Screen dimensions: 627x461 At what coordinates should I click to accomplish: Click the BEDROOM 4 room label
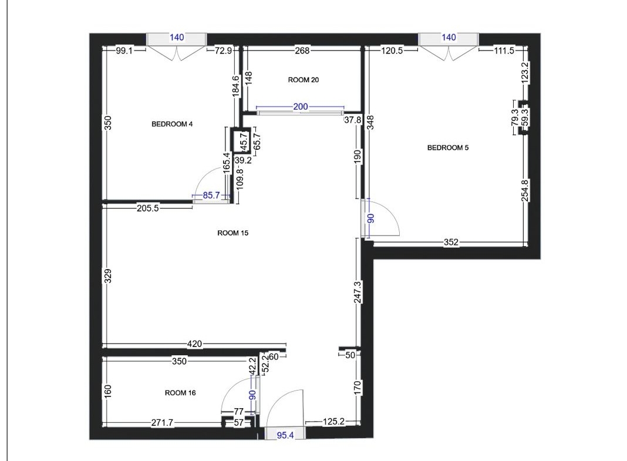172,124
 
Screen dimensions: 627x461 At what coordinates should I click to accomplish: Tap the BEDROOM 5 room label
448,147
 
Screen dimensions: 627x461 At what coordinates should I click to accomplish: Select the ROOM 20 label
304,80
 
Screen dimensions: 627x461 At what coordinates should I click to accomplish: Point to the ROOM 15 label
232,233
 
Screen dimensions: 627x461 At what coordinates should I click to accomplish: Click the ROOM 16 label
180,393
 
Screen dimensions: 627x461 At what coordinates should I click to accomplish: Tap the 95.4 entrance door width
285,435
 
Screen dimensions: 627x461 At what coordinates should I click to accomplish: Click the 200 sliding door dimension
301,107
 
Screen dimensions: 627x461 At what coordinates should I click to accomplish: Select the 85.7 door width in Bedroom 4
211,196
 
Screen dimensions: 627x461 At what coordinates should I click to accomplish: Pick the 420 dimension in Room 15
194,344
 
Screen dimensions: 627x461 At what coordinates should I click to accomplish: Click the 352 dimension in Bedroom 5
451,243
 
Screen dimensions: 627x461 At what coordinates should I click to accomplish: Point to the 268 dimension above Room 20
302,51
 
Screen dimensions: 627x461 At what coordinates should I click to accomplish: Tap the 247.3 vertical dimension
358,292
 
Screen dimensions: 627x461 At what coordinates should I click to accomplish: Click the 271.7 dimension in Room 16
163,423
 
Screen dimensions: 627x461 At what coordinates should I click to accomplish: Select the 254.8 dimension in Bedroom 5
525,190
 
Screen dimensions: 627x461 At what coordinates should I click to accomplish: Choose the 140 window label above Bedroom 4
177,38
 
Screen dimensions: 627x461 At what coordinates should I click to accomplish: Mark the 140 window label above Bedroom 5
449,37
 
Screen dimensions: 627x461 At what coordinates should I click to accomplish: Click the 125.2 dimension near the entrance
333,422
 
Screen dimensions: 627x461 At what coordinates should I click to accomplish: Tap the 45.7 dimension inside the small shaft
244,142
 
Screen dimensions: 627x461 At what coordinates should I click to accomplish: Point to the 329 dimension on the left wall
107,276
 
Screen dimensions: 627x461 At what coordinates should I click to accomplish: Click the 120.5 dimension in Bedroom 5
392,51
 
